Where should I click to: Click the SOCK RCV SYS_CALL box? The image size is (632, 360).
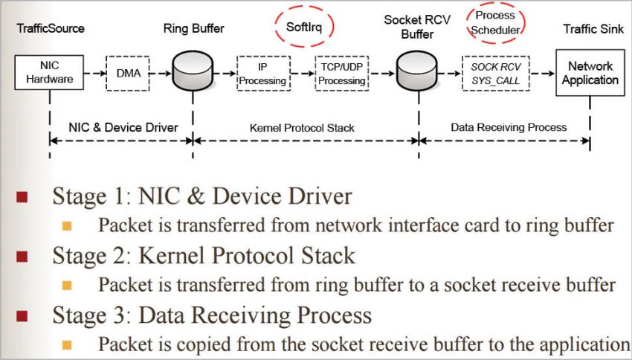pos(496,73)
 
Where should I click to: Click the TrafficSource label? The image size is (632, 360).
pos(49,29)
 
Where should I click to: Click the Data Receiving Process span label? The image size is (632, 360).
pos(509,127)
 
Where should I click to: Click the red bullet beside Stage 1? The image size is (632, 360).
pos(23,198)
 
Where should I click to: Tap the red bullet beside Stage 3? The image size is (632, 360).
pos(23,316)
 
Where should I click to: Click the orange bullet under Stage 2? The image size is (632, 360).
pos(68,285)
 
